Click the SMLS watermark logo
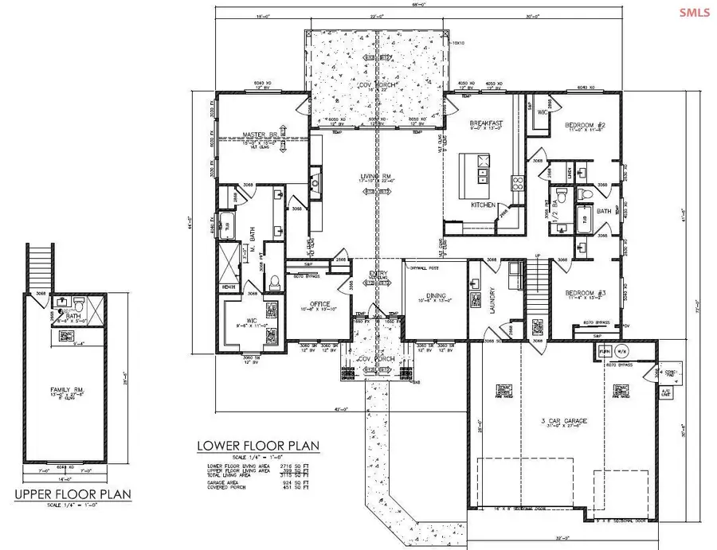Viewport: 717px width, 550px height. [x=693, y=12]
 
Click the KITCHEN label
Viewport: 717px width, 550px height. [x=483, y=205]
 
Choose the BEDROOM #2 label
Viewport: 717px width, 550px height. [x=586, y=126]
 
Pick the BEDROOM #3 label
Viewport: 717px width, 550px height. [x=586, y=293]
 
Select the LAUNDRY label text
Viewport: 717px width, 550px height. [x=493, y=304]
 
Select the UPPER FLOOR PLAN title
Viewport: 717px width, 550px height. [x=72, y=493]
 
